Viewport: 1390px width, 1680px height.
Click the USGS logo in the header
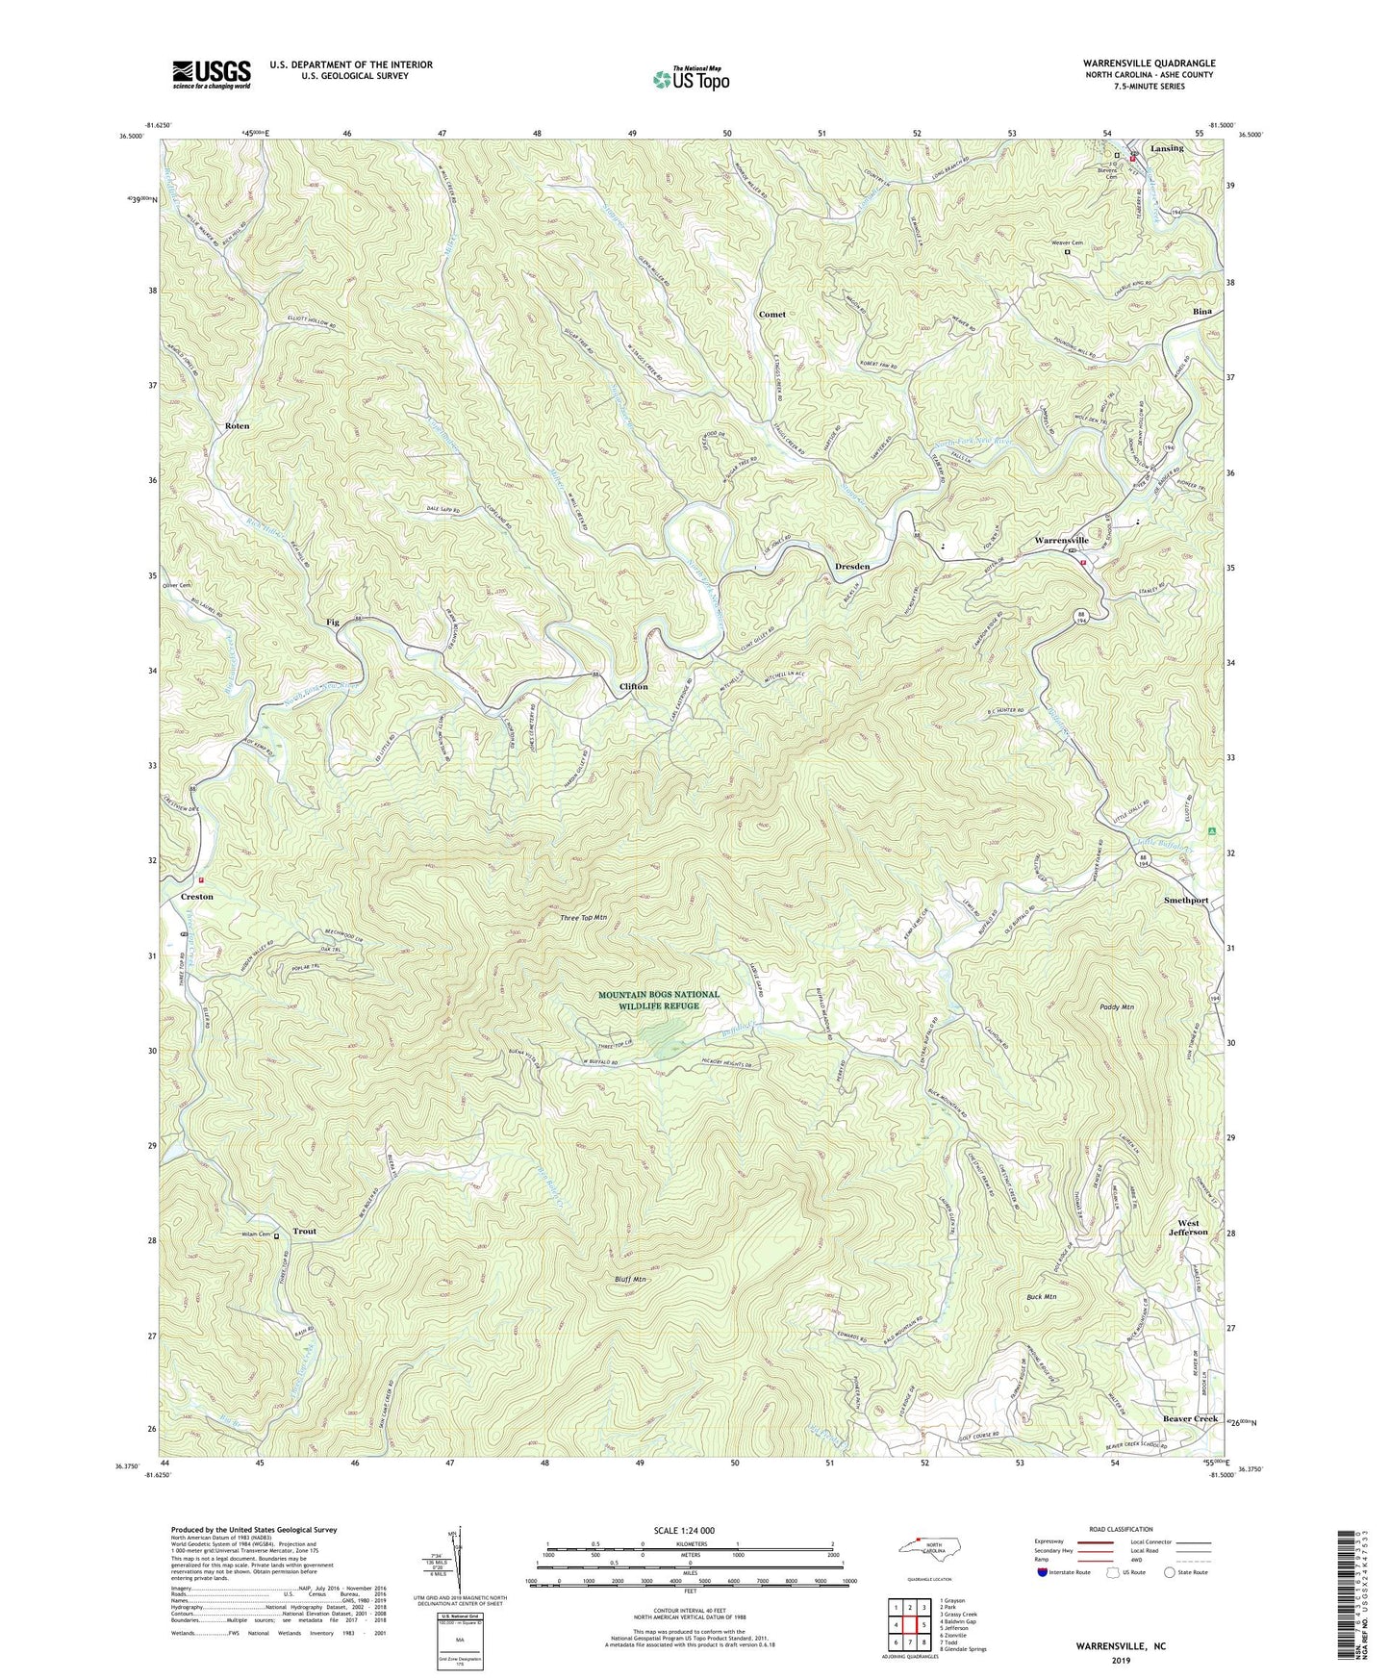[212, 74]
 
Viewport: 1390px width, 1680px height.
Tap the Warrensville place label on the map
[1061, 541]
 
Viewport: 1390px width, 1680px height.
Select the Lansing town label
[1167, 149]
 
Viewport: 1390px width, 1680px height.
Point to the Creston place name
[197, 897]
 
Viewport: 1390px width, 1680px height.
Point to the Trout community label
[305, 1232]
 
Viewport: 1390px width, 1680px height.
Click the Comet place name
[771, 315]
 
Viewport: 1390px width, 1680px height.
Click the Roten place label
[237, 425]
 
